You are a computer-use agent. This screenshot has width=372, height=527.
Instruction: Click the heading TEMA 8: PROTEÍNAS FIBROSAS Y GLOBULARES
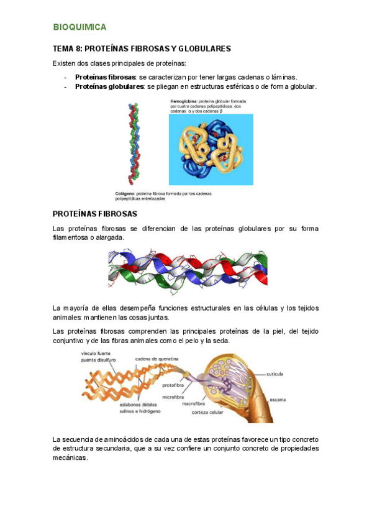[x=142, y=48]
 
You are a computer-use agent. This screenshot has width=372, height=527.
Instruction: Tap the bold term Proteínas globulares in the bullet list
[x=102, y=87]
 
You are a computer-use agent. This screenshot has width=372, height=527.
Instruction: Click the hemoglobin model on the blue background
[x=211, y=149]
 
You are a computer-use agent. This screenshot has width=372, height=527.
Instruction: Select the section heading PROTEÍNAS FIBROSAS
[x=95, y=214]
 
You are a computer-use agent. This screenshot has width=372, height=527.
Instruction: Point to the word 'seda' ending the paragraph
[x=230, y=341]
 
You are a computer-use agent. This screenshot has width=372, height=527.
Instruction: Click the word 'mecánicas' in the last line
[x=71, y=458]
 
